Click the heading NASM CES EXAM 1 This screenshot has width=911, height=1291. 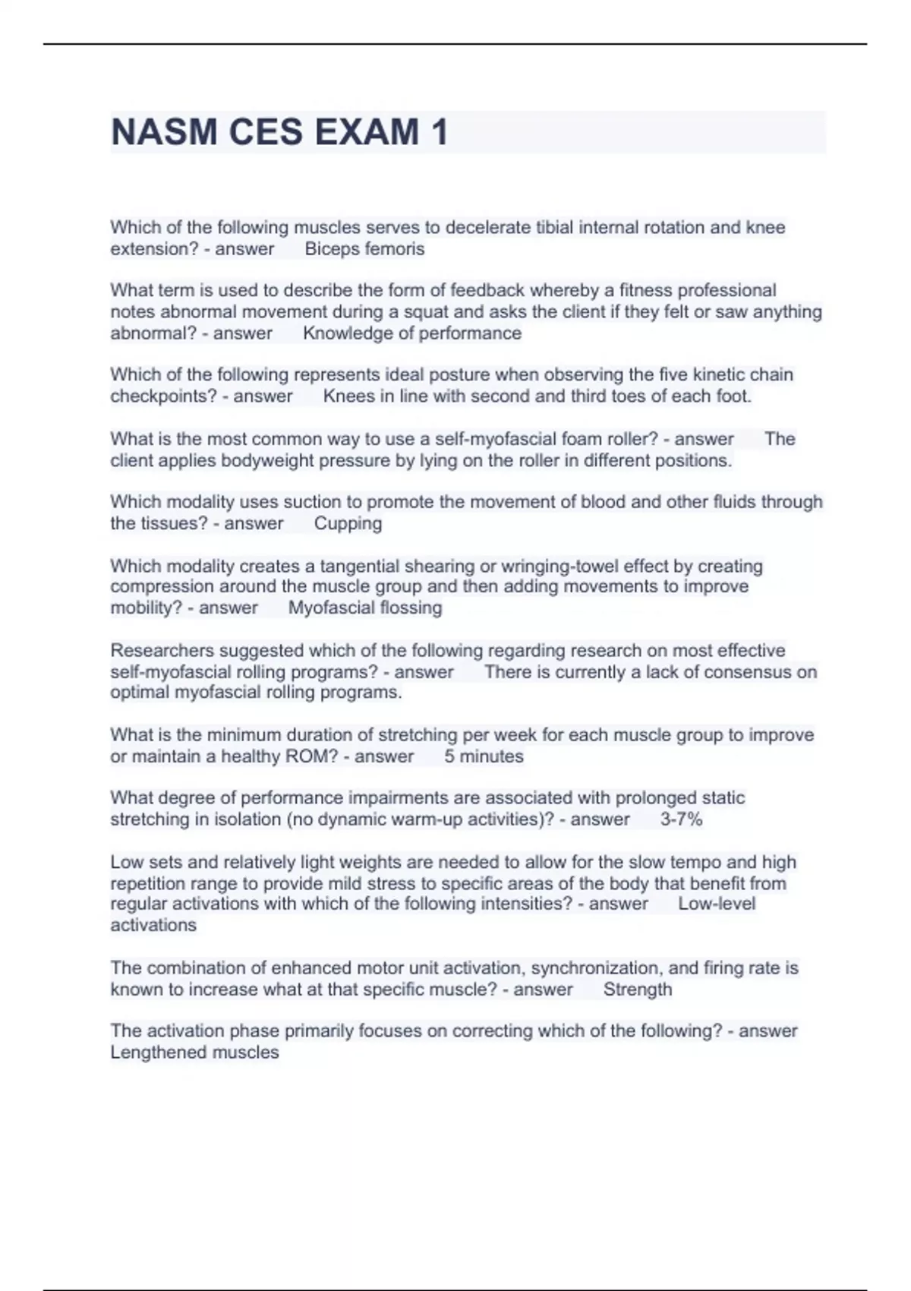(x=279, y=132)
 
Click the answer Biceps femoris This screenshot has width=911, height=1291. (x=364, y=249)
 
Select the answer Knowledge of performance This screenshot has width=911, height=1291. (x=412, y=333)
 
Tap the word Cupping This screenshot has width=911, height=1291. (x=348, y=523)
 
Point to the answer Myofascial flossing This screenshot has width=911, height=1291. (x=365, y=608)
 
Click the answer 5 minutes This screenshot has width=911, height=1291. (x=484, y=756)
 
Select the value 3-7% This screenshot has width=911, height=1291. (x=681, y=819)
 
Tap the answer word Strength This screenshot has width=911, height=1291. (x=638, y=990)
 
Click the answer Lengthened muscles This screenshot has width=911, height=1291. (x=194, y=1053)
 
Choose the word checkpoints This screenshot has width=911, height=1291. (x=163, y=396)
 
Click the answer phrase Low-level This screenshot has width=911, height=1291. (x=717, y=904)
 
